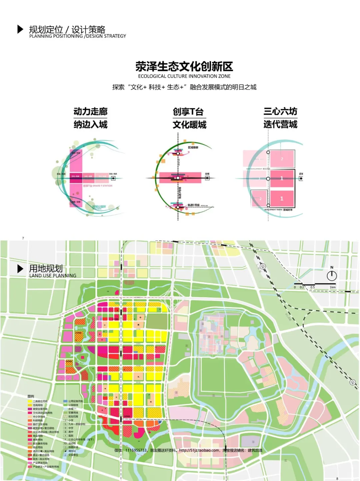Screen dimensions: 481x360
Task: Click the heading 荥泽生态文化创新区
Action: (x=184, y=66)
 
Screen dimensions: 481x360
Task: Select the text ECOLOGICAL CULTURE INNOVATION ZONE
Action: (x=184, y=76)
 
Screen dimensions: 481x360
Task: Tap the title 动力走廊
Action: (x=90, y=111)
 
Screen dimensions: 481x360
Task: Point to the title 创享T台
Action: (x=188, y=112)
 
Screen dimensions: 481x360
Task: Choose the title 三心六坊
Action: (x=280, y=111)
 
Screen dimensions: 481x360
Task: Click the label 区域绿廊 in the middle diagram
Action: (x=193, y=147)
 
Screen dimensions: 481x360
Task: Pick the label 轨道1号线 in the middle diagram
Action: (x=193, y=205)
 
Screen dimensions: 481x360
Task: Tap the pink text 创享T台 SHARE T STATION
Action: (x=98, y=186)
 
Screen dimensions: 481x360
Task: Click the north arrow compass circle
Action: (x=332, y=276)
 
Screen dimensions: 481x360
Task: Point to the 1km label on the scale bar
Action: (x=333, y=287)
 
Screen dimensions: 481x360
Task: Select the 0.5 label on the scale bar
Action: (x=313, y=287)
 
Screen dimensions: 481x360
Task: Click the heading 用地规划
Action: (x=46, y=268)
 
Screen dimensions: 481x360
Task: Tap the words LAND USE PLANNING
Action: (x=53, y=276)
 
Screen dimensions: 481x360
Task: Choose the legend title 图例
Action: (x=31, y=396)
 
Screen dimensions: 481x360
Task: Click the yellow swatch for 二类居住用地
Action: (x=30, y=401)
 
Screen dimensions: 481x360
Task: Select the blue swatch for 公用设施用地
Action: (x=65, y=401)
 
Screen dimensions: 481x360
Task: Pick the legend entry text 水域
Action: (x=71, y=409)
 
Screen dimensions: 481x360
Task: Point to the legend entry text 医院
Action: (x=71, y=436)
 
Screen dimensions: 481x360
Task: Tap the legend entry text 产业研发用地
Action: (x=40, y=463)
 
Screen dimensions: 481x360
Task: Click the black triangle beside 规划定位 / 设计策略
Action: (x=20, y=29)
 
